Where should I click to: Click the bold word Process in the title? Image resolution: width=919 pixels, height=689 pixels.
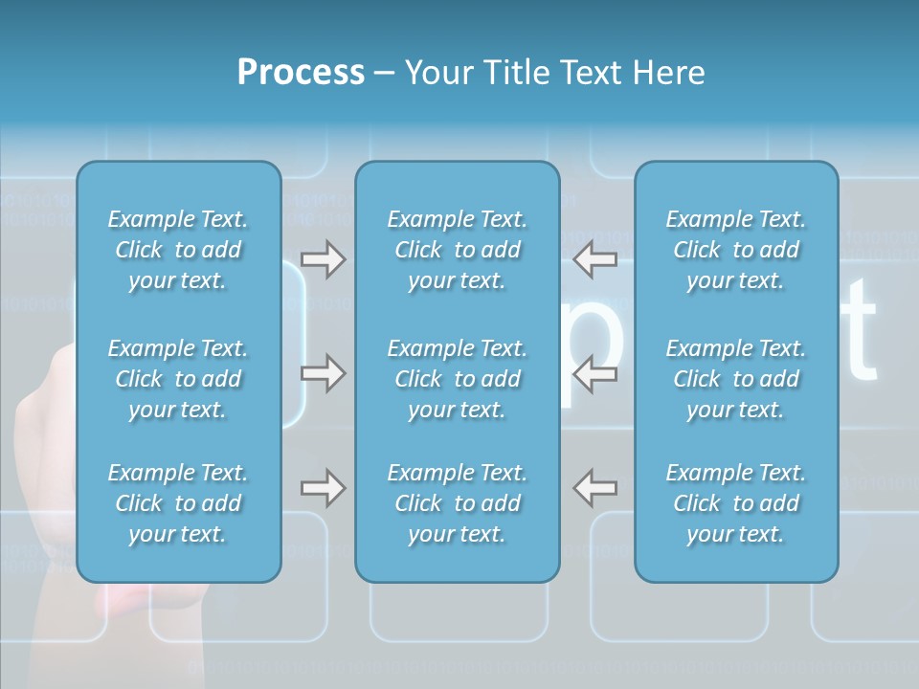(x=301, y=73)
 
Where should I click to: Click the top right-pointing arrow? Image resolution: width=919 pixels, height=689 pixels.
(x=323, y=259)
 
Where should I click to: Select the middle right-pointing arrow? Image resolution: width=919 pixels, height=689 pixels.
(x=323, y=372)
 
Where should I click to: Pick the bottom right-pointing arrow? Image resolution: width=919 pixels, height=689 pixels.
(x=323, y=488)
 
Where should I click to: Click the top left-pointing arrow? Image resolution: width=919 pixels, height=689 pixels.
(x=594, y=259)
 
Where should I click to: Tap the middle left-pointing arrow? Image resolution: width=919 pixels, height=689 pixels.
(x=594, y=372)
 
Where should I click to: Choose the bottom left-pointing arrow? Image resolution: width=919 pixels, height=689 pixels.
(x=594, y=488)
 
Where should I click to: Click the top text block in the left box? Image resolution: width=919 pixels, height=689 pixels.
(x=178, y=250)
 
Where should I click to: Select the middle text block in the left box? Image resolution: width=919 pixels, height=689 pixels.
(x=178, y=379)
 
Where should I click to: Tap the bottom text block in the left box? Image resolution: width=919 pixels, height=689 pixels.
(x=178, y=503)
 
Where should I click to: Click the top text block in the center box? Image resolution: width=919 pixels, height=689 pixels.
(x=457, y=250)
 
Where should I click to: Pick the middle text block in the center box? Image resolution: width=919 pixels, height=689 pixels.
(x=457, y=379)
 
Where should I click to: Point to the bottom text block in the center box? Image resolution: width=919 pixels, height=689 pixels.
(x=457, y=503)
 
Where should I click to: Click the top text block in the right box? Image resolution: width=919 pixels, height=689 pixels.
(x=736, y=250)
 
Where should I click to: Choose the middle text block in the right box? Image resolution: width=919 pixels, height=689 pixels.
(x=736, y=379)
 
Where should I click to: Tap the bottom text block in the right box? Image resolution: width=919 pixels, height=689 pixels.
(x=736, y=503)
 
